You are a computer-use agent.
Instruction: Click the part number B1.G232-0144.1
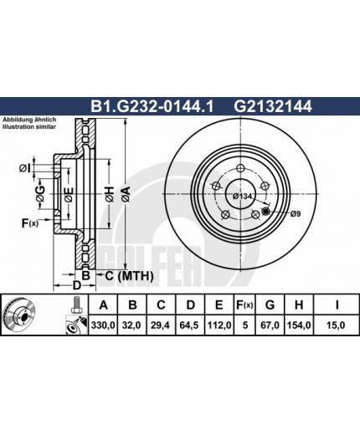[152, 106]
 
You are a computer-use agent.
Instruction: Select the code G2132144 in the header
[273, 106]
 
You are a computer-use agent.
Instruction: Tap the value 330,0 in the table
[103, 325]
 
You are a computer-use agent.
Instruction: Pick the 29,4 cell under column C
[161, 325]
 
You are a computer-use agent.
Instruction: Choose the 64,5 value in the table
[189, 325]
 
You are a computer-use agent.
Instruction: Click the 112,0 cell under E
[219, 325]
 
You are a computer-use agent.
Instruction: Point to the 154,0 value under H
[298, 325]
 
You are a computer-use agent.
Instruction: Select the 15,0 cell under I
[336, 325]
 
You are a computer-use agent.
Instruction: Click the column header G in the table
[270, 305]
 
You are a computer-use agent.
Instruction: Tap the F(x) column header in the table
[244, 305]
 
